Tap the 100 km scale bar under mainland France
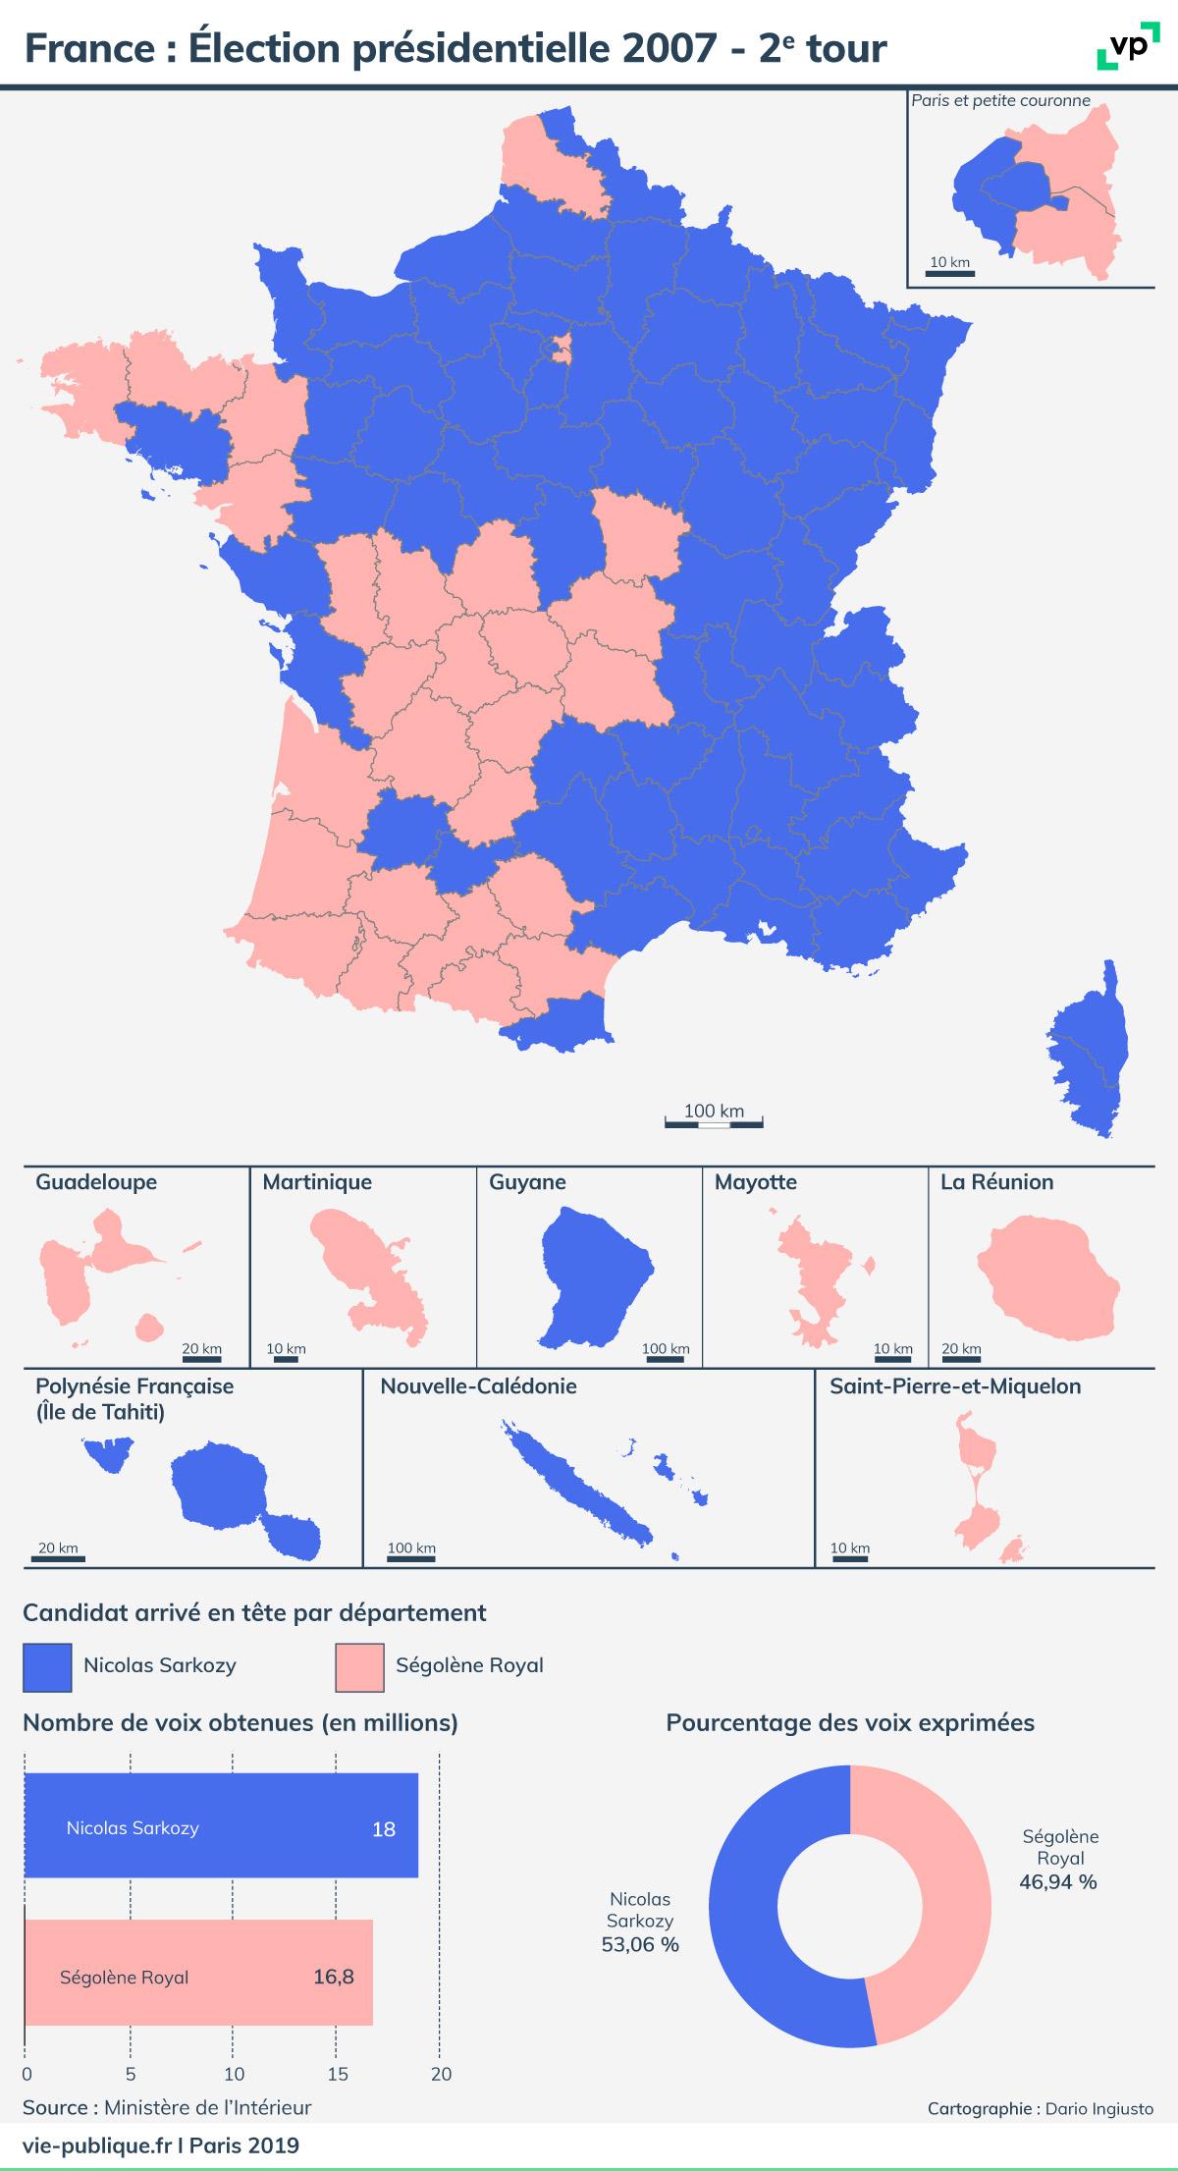(714, 1122)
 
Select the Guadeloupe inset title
(96, 1182)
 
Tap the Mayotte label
(756, 1182)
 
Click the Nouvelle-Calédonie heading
(479, 1386)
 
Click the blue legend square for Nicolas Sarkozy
(47, 1667)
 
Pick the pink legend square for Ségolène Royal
(359, 1667)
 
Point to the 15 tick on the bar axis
(337, 2075)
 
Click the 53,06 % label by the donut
(640, 1944)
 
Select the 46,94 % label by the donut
(1059, 1881)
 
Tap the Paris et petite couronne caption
(1000, 100)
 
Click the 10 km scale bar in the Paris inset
(949, 271)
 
